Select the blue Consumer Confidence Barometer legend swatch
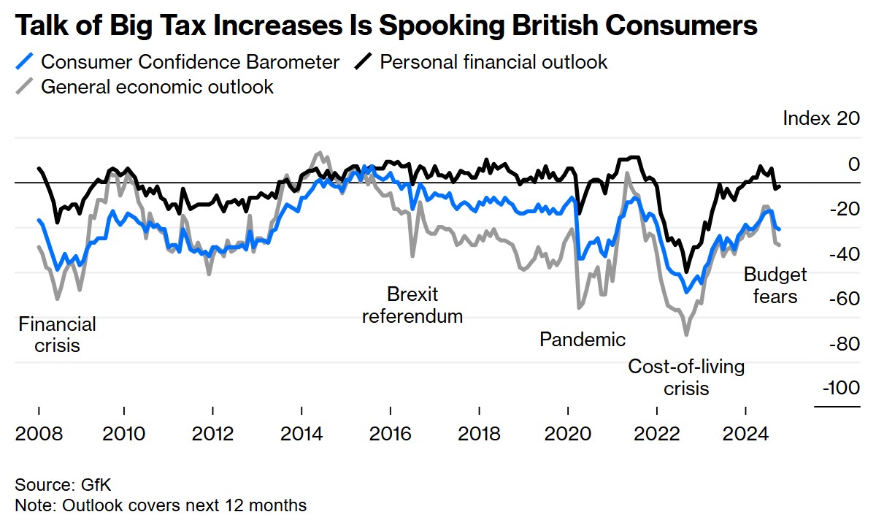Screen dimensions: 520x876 point(26,62)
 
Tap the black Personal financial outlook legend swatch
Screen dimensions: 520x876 point(364,62)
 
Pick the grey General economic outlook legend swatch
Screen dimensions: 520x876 point(26,87)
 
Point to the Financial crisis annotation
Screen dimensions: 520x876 point(57,334)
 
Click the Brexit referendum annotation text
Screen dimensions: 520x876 point(412,305)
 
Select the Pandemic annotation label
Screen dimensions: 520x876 point(582,339)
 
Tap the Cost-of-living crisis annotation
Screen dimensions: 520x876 point(686,377)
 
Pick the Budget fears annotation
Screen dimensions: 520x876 point(775,286)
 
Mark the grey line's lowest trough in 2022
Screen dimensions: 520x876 point(686,334)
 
